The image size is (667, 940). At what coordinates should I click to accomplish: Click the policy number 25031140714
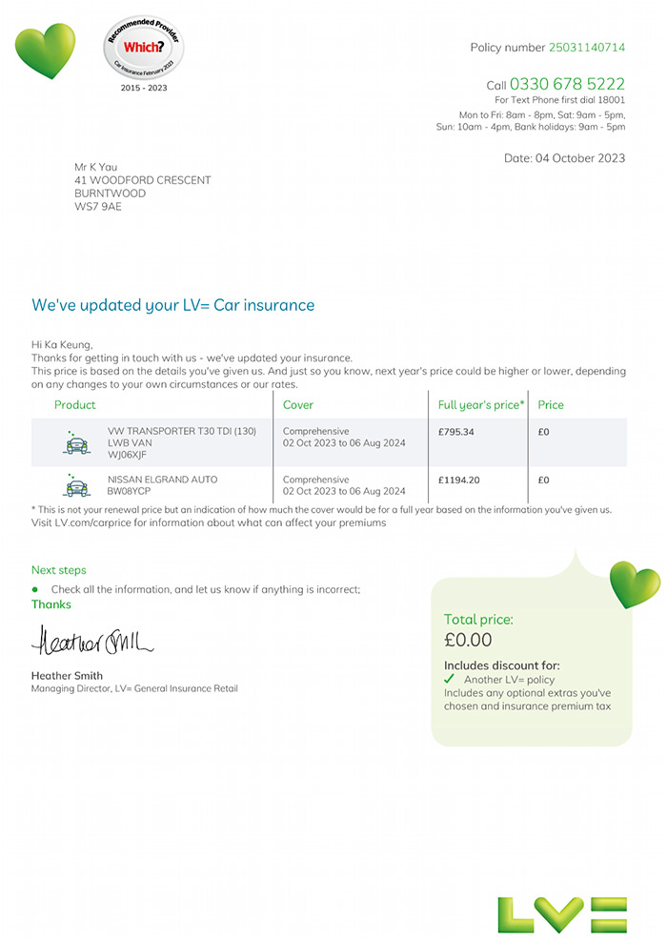pos(586,48)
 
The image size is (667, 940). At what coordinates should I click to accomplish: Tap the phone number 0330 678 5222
pos(567,84)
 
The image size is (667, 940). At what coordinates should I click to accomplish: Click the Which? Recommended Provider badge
pos(143,47)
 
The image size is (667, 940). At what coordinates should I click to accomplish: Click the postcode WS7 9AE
pos(98,207)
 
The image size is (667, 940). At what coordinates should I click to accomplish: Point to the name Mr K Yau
pos(96,167)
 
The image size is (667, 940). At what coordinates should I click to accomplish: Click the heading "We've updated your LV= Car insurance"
pos(172,305)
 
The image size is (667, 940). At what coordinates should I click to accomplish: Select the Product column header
pos(75,405)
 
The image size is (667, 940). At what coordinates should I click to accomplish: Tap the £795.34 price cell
pos(456,432)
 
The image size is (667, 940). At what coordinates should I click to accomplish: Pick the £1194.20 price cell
pos(458,480)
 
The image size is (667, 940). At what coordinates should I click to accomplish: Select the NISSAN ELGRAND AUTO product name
pos(162,480)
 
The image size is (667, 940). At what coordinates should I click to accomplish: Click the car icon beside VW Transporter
pos(76,441)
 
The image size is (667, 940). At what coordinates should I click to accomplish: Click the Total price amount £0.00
pos(468,640)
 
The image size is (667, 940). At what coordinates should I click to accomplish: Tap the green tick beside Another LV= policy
pos(450,679)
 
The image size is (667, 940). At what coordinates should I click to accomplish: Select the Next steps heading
pos(58,570)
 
